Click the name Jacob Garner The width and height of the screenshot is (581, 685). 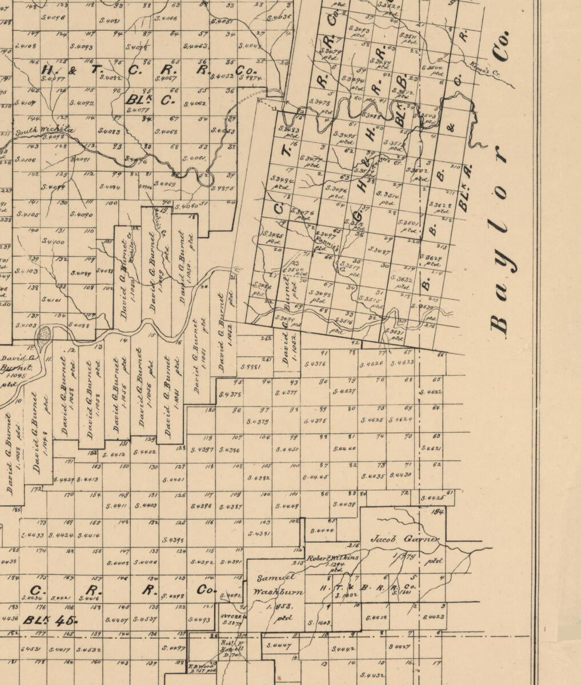(x=404, y=539)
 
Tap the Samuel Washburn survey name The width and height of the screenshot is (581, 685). (x=273, y=585)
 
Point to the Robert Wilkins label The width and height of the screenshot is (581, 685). (x=333, y=558)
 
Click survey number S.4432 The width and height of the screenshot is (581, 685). (x=371, y=675)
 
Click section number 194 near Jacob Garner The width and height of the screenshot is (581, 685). (x=438, y=511)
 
